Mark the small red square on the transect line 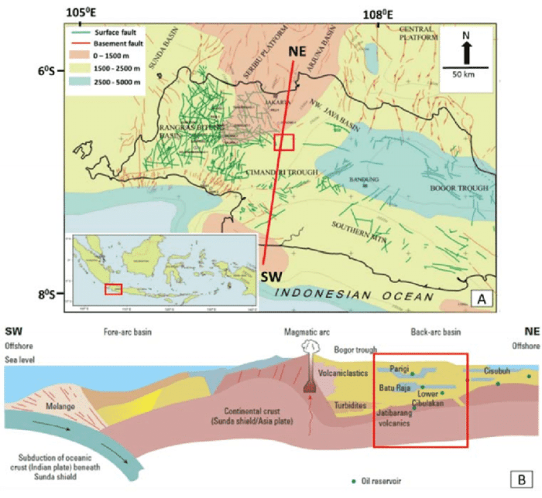coord(285,142)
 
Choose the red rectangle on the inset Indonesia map coord(113,288)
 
